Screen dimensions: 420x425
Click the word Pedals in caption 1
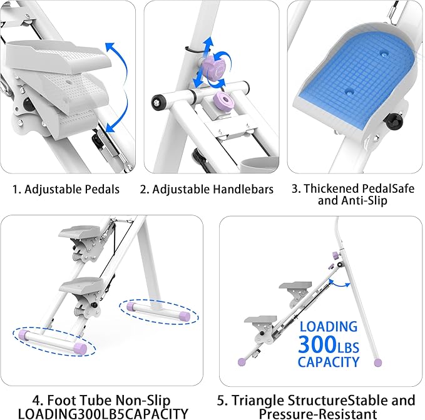coord(100,188)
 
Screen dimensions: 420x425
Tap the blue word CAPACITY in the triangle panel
coord(329,362)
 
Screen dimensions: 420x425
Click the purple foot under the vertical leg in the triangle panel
coord(377,362)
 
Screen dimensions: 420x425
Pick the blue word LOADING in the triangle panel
coord(328,326)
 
